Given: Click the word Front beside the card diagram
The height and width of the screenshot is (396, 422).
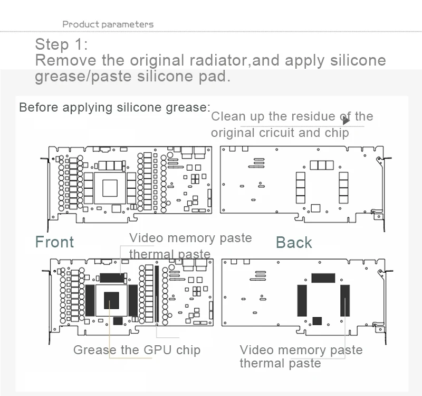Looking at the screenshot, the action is [x=54, y=242].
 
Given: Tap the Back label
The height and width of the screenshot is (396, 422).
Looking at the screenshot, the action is [x=294, y=243].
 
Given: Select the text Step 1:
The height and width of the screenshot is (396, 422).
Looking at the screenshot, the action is [x=62, y=44].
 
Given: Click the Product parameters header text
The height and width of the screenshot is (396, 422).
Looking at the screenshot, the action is [x=108, y=24].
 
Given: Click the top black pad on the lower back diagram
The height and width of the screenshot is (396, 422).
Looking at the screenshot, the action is [x=323, y=278].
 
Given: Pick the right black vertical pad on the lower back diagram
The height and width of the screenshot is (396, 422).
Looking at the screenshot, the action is [x=345, y=300].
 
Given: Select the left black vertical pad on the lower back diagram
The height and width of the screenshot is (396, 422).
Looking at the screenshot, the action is [x=302, y=300].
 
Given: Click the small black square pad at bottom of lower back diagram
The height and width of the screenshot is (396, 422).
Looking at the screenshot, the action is [x=317, y=320].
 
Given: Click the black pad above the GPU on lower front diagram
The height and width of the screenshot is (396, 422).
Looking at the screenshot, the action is [x=112, y=278].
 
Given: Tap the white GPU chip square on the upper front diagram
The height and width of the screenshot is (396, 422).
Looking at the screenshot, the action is [x=110, y=189].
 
